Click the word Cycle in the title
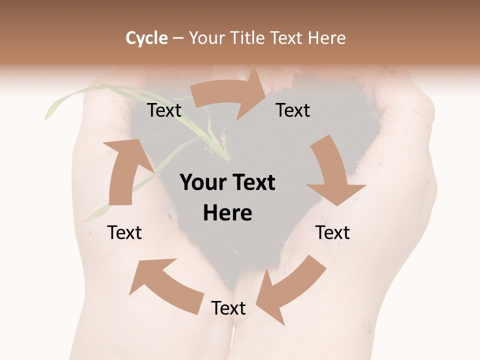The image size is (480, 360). (x=146, y=38)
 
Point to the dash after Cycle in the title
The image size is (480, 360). (x=178, y=38)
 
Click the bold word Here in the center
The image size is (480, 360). (x=227, y=213)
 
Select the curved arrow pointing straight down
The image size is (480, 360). (x=332, y=172)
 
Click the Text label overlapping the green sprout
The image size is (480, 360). (x=164, y=110)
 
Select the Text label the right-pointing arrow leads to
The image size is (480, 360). (x=293, y=110)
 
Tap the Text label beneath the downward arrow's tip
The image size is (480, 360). (x=332, y=233)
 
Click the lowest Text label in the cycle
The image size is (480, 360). (x=228, y=308)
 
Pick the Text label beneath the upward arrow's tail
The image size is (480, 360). (x=124, y=233)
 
